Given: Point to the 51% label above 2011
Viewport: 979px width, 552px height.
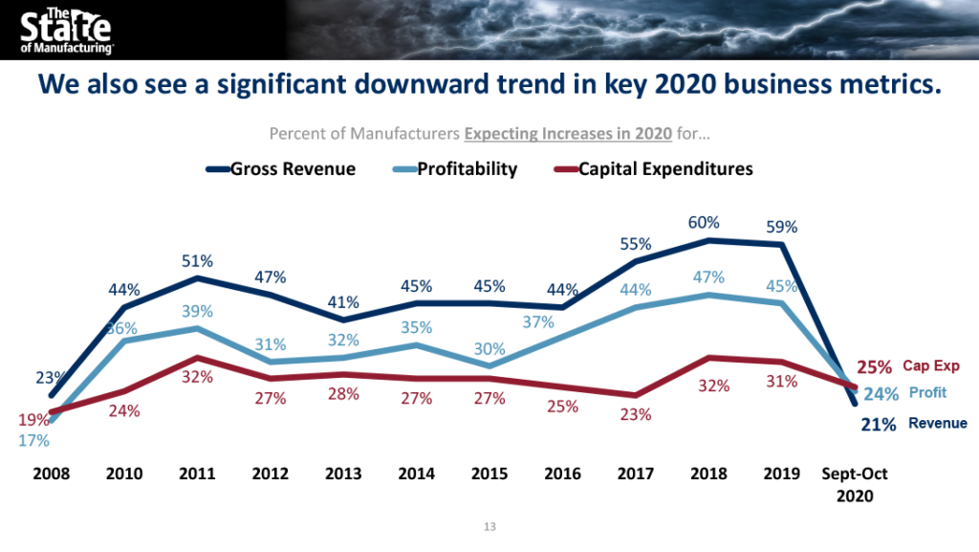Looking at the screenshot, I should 197,260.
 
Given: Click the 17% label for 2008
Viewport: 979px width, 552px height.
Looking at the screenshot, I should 33,441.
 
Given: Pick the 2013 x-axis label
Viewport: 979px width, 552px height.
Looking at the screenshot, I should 343,475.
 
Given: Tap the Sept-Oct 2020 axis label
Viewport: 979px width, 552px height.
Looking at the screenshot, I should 856,485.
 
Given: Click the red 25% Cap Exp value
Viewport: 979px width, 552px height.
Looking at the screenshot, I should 875,366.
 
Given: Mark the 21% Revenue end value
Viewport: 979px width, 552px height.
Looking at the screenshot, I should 878,424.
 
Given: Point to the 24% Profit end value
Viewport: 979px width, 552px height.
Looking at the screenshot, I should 881,393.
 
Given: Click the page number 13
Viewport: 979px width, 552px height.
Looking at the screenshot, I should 489,527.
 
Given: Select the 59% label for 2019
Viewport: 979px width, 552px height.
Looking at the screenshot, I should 781,227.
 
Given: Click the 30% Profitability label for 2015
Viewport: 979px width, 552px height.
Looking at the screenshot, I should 489,349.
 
